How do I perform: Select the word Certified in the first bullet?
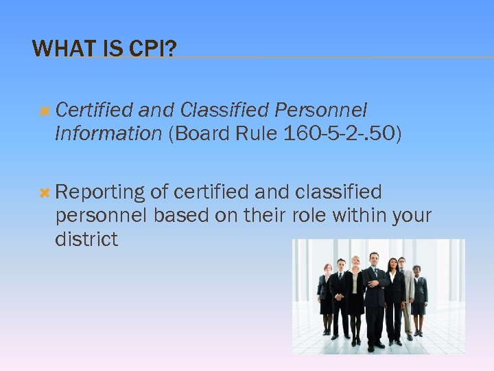pos(94,111)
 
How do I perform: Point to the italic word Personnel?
pos(320,111)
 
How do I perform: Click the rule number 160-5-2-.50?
pos(340,133)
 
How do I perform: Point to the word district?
pos(86,240)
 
